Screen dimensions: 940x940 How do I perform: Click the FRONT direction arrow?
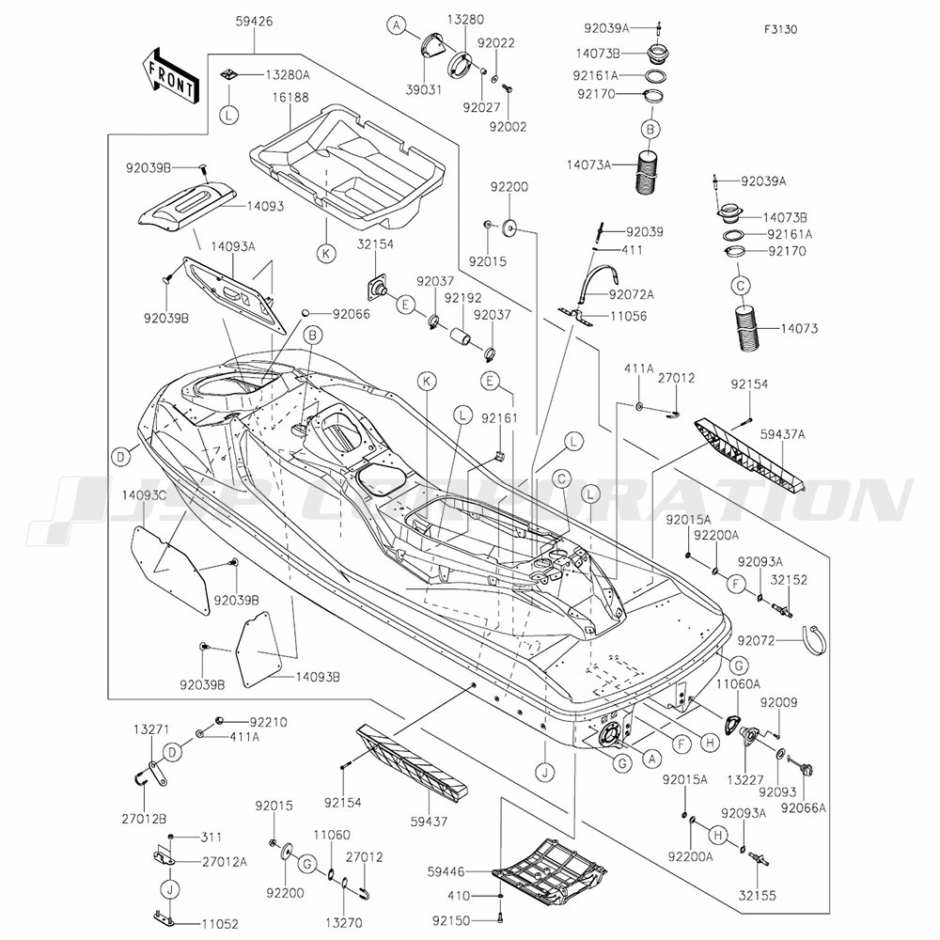click(169, 75)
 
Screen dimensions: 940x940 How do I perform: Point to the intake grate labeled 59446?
click(550, 872)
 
